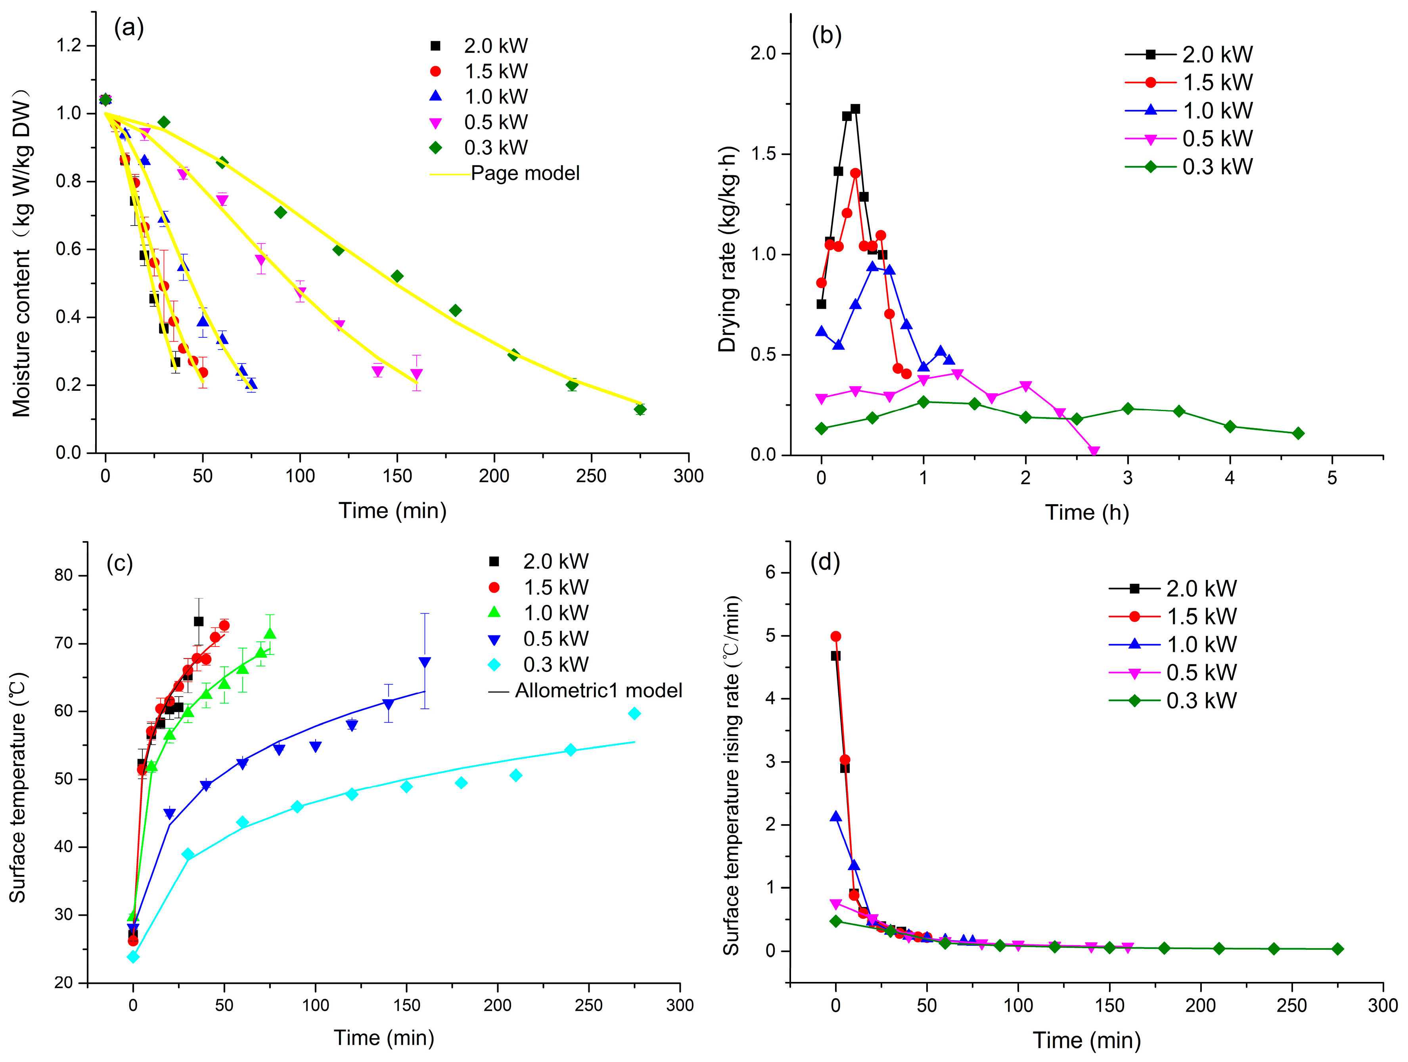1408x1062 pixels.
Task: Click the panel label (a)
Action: pyautogui.click(x=128, y=28)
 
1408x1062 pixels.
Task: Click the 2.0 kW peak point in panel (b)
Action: pyautogui.click(x=855, y=109)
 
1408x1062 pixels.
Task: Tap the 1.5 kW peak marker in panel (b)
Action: pyautogui.click(x=855, y=173)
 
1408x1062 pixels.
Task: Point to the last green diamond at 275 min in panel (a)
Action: pyautogui.click(x=640, y=409)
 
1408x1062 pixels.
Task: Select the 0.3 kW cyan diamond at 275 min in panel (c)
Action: pyautogui.click(x=634, y=713)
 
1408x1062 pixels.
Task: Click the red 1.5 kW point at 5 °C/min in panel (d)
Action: pyautogui.click(x=836, y=636)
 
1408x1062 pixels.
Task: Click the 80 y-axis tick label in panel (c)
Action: pyautogui.click(x=64, y=575)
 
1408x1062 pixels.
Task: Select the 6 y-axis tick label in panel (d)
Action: pyautogui.click(x=771, y=572)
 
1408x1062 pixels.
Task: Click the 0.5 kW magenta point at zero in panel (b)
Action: pyautogui.click(x=821, y=398)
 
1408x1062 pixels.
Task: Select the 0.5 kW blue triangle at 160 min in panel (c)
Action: pyautogui.click(x=425, y=662)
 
